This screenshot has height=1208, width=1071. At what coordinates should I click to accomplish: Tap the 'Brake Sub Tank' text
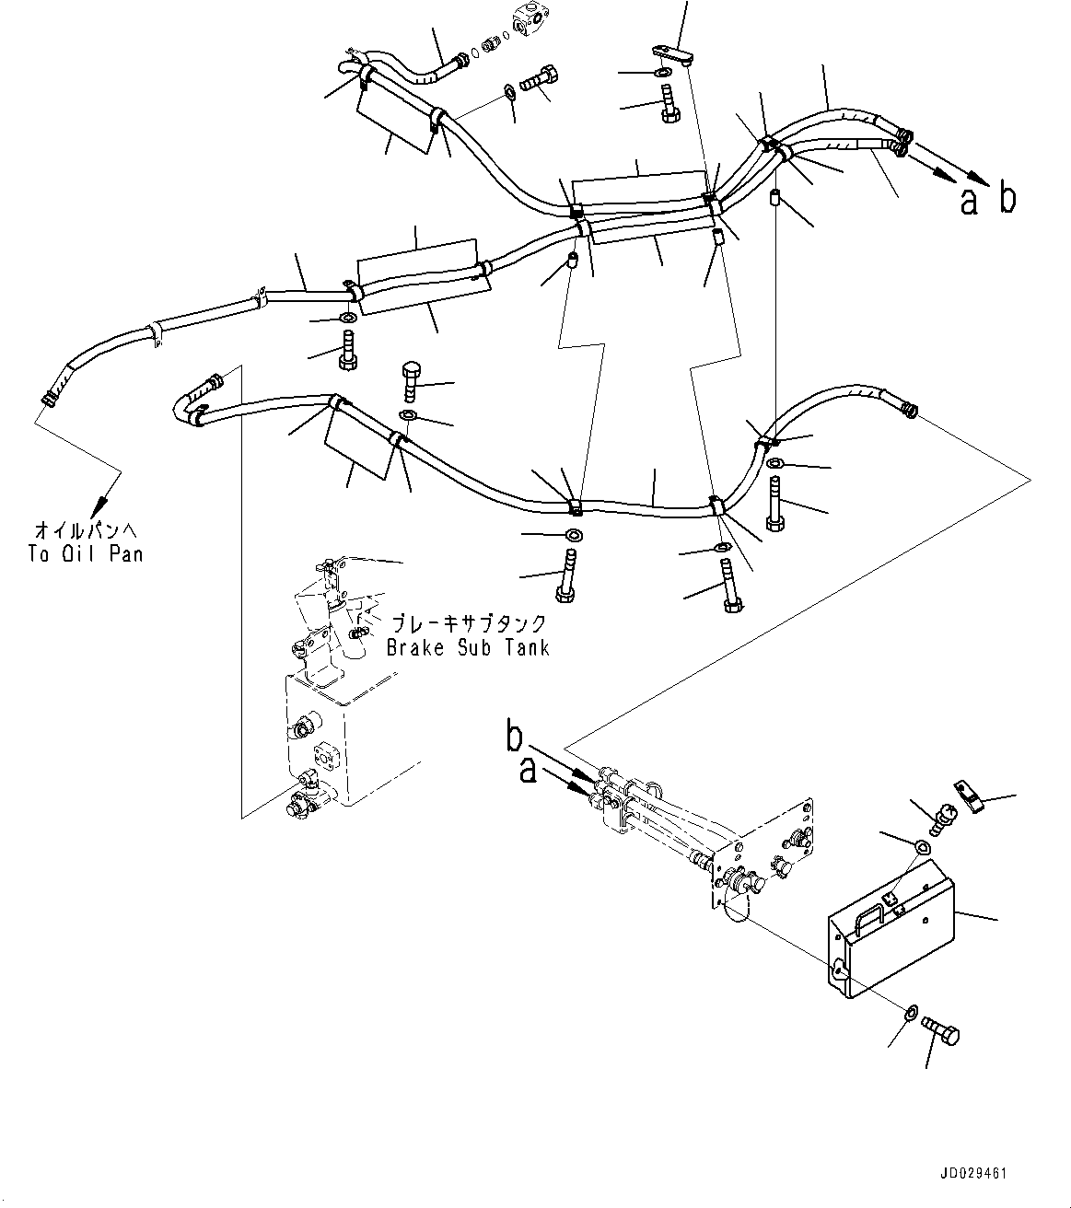tap(468, 647)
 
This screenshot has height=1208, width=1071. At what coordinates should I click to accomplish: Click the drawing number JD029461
tap(974, 1174)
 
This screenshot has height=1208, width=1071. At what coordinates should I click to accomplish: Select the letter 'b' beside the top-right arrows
tap(1008, 199)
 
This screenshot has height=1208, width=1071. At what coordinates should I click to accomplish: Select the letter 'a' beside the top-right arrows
tap(969, 202)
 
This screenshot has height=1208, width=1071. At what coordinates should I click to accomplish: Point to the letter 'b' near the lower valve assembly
tap(516, 736)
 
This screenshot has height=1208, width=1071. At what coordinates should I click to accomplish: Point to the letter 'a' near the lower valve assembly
tap(527, 770)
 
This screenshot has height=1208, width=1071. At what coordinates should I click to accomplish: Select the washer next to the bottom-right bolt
tap(909, 1014)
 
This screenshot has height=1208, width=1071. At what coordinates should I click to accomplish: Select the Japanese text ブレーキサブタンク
tap(469, 623)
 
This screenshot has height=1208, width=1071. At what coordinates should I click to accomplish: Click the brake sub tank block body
tap(318, 737)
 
